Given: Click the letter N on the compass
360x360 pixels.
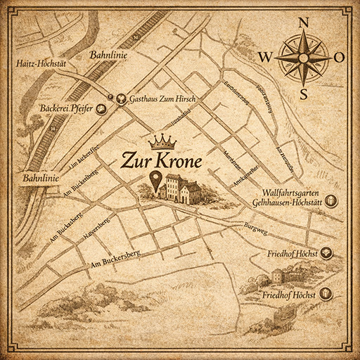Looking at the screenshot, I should [x=304, y=22].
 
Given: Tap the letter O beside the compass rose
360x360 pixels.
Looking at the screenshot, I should [x=339, y=57].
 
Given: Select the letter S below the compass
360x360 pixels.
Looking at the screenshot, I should [x=304, y=94].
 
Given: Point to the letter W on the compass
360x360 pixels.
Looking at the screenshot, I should [x=266, y=57].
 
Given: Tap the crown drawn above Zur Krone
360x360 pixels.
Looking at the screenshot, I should [x=162, y=141].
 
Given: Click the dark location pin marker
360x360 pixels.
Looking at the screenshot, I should [x=157, y=179].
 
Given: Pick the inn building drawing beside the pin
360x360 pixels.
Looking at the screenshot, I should [x=179, y=188].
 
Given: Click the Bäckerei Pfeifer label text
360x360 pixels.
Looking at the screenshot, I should [x=68, y=110].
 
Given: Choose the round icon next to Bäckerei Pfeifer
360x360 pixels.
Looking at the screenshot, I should [x=102, y=109].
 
